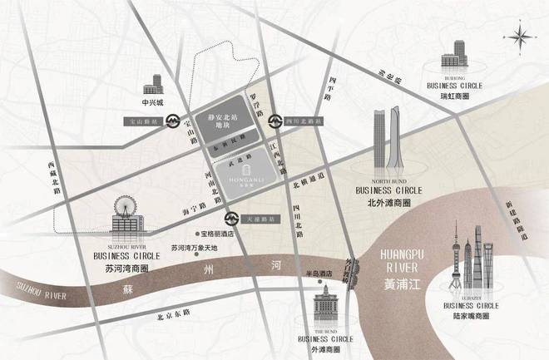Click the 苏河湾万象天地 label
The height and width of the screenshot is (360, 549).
(x=194, y=248)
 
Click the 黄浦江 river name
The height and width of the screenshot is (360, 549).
(x=403, y=283)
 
